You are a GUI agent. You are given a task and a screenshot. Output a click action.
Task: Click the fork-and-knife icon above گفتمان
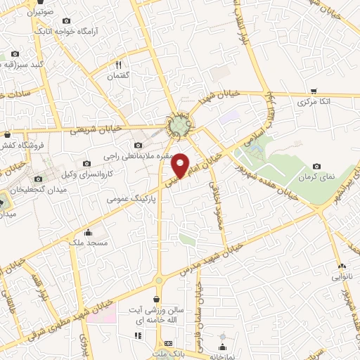tap(118, 65)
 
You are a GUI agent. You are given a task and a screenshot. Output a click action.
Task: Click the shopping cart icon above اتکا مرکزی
tap(314, 91)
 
